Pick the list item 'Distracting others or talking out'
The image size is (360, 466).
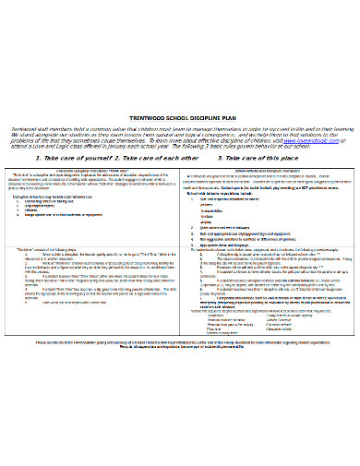[x=66, y=202]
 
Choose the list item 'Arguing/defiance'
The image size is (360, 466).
[x=56, y=208]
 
